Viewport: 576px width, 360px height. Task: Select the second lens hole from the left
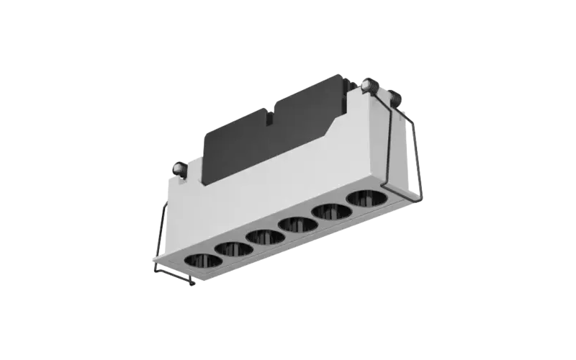231,248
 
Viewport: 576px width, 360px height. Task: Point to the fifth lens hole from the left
328,211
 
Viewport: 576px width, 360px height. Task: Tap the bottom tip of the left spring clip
191,284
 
